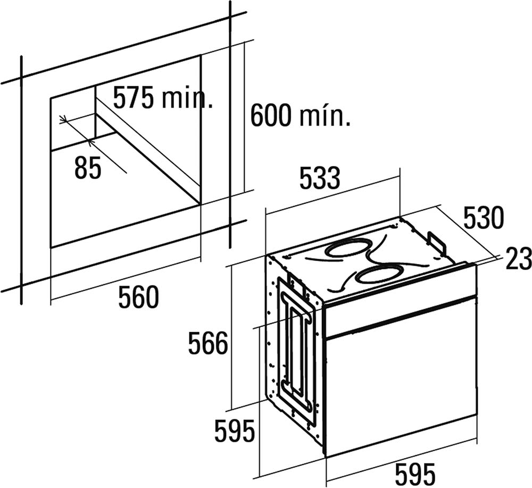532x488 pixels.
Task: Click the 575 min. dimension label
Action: coord(163,97)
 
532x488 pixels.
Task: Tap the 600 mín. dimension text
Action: coord(300,115)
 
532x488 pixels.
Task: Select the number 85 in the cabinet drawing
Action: coord(88,168)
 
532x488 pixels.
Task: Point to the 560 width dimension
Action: coord(138,297)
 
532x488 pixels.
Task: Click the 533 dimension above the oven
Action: coord(320,178)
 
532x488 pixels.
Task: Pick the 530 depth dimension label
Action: coord(484,218)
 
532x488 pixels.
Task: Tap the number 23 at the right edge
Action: coord(518,259)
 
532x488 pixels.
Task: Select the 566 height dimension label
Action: coord(208,343)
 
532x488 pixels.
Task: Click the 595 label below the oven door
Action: coord(415,474)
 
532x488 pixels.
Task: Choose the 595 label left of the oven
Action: coord(235,431)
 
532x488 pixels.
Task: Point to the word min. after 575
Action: coord(188,97)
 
